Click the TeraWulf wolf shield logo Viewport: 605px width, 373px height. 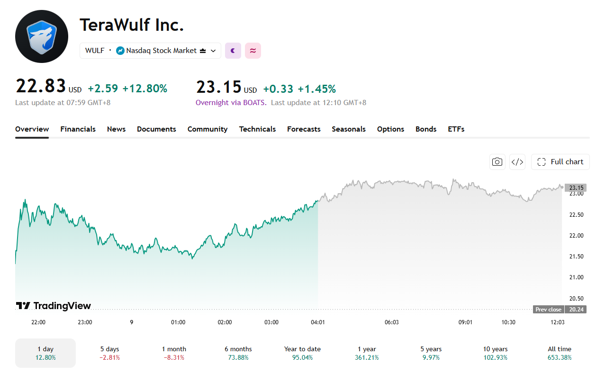42,36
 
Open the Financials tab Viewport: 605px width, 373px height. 78,129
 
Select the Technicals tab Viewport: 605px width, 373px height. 257,129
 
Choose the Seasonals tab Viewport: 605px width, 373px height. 348,129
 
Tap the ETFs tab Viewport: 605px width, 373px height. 456,129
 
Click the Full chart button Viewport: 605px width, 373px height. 560,162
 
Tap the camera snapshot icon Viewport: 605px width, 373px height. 497,162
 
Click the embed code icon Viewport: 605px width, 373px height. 517,162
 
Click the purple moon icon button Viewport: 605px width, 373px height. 233,51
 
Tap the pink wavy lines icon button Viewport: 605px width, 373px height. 253,51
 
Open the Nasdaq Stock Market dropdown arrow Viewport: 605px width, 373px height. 213,51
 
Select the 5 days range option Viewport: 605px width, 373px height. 109,353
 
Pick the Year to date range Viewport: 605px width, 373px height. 302,353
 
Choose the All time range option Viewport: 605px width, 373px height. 560,353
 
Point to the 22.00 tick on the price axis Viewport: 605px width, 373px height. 577,236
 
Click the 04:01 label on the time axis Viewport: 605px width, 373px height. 317,322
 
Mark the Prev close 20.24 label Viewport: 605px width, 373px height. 560,309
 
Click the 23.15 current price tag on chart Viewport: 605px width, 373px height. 577,187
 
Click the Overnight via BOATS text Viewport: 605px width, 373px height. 231,103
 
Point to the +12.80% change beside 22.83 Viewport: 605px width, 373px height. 145,89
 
